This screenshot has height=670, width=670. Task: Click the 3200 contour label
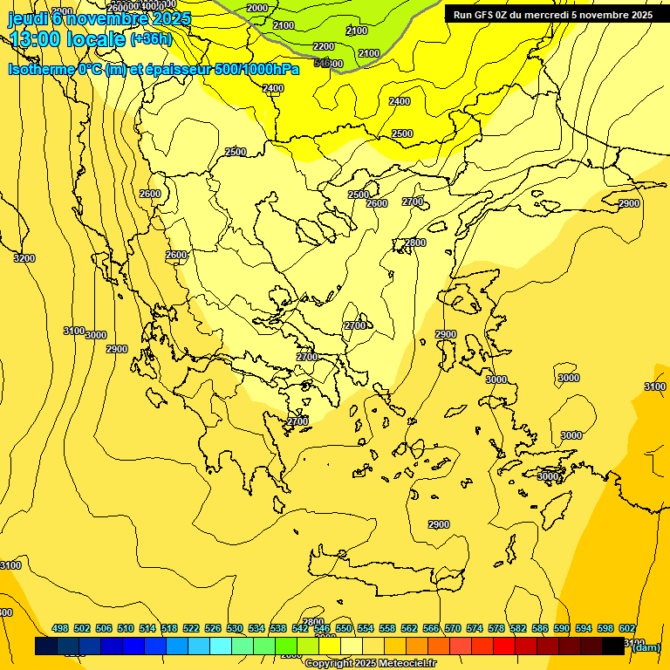24,258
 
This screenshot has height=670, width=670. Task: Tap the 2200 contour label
323,46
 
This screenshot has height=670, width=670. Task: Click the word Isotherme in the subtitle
40,69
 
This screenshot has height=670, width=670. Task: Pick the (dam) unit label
646,646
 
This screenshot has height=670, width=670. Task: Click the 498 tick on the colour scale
60,628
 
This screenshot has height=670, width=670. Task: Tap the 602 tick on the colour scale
627,628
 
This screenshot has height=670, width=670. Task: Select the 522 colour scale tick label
191,628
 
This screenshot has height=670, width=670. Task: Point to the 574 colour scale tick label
475,628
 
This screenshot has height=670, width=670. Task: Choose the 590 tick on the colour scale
562,628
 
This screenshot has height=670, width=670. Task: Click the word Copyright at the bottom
330,664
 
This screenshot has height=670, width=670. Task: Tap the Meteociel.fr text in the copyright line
407,664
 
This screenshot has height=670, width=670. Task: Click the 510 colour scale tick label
126,628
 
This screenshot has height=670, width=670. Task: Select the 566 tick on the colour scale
431,628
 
